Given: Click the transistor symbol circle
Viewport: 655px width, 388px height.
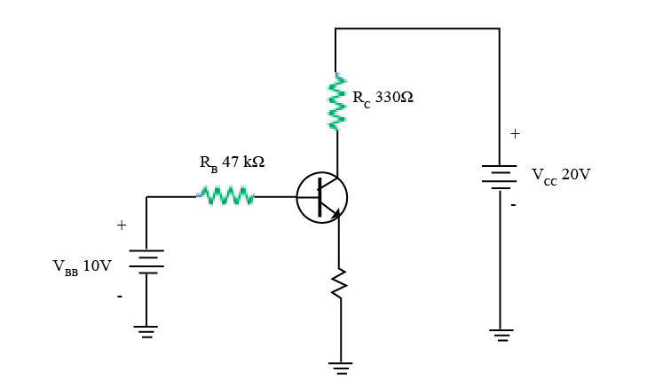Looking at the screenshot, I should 321,197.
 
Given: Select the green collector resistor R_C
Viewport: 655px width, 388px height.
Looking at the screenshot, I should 336,102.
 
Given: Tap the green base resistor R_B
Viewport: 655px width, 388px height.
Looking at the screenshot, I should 226,196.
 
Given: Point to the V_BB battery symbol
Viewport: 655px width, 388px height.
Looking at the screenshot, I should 146,262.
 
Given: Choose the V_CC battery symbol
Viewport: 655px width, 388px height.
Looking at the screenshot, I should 499,177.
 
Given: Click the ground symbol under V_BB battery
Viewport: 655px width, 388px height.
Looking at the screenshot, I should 146,331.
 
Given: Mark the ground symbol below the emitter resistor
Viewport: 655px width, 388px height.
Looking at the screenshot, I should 340,367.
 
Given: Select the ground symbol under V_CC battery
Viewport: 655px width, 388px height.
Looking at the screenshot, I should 501,335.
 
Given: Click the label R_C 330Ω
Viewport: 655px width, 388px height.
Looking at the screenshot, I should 383,98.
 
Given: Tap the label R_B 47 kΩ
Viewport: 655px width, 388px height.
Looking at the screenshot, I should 232,163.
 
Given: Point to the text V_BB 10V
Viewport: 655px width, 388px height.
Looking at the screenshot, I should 82,266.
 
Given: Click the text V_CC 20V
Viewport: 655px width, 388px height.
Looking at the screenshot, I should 561,175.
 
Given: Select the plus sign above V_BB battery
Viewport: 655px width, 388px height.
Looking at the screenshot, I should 122,226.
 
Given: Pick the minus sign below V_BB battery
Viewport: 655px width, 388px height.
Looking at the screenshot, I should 120,296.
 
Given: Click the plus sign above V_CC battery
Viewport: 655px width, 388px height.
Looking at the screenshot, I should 515,134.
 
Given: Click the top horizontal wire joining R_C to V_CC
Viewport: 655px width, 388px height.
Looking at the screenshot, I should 417,28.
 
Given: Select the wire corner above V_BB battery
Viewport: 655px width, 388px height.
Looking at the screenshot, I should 146,197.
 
